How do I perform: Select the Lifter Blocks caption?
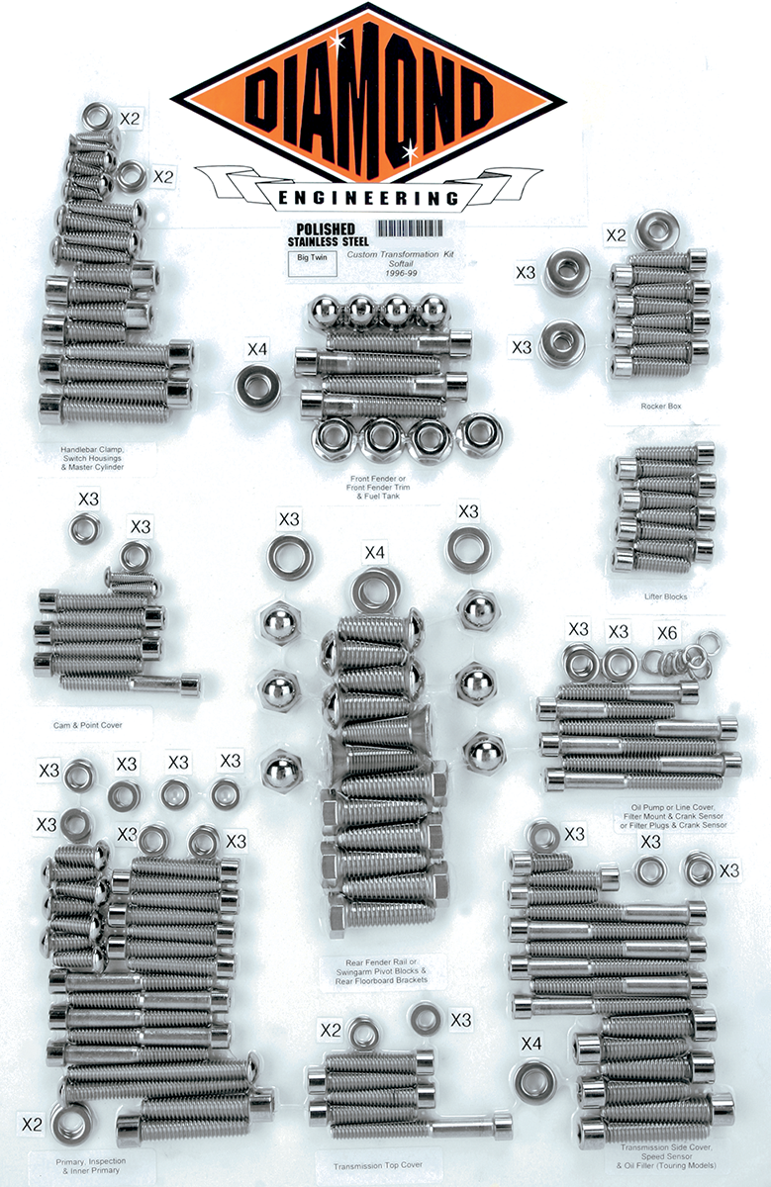click(x=664, y=596)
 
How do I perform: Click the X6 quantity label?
click(x=668, y=631)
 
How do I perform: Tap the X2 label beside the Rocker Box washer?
click(x=616, y=235)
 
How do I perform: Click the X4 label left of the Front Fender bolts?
click(x=256, y=349)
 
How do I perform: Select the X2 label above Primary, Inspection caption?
click(x=32, y=1125)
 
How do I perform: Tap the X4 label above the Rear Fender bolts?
click(x=375, y=552)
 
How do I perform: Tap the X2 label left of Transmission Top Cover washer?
click(x=331, y=1030)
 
